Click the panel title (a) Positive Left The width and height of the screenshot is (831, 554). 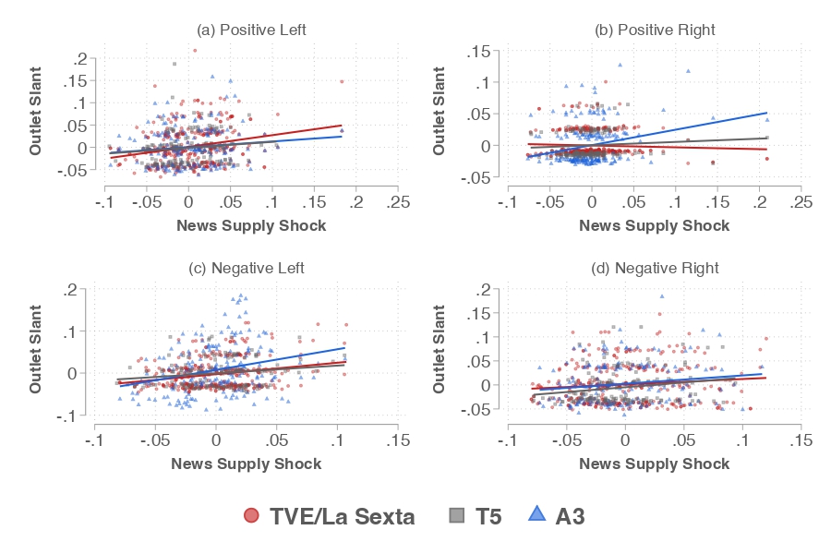pyautogui.click(x=251, y=30)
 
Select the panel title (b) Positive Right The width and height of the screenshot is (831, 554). pyautogui.click(x=654, y=30)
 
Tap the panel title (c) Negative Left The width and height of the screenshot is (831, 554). pyautogui.click(x=246, y=269)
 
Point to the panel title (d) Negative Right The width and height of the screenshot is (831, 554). pyautogui.click(x=654, y=269)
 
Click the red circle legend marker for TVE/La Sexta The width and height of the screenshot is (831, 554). pyautogui.click(x=251, y=516)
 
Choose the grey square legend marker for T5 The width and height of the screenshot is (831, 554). pyautogui.click(x=456, y=516)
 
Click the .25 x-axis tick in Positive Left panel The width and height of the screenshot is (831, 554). pyautogui.click(x=398, y=202)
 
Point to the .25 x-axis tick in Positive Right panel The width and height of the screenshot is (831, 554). pyautogui.click(x=801, y=202)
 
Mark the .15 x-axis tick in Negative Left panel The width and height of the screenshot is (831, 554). pyautogui.click(x=398, y=441)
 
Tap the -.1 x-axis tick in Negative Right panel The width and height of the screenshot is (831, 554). pyautogui.click(x=506, y=441)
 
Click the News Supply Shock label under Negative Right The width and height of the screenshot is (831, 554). pyautogui.click(x=654, y=464)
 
